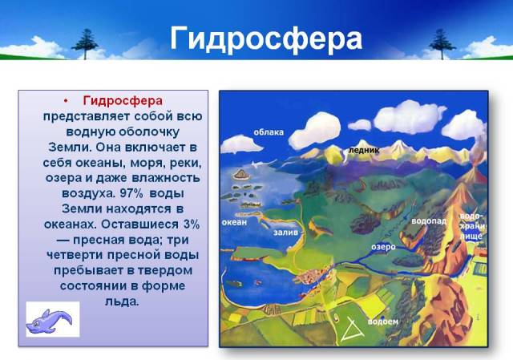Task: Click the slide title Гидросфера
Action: [266, 39]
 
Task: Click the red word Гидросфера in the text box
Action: [123, 100]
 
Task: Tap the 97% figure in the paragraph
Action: [131, 193]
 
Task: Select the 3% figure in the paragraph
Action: [192, 224]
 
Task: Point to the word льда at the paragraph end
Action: [122, 301]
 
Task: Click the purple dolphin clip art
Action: [49, 322]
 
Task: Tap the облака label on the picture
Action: [269, 132]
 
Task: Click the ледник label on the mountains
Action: [364, 150]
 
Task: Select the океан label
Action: [234, 222]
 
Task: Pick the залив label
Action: [285, 232]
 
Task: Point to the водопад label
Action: [429, 221]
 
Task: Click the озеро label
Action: [383, 247]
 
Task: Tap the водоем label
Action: [383, 322]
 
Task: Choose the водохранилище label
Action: [472, 226]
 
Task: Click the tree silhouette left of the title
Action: [85, 44]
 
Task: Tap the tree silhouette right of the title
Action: [442, 44]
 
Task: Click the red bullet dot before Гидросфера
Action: [66, 101]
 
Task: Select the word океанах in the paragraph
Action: [70, 224]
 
